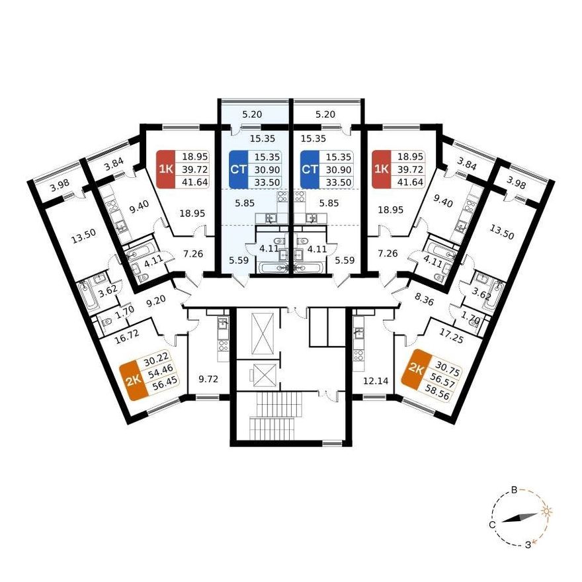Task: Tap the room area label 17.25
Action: pos(452,335)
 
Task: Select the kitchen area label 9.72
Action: pos(208,380)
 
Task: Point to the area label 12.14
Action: pos(376,380)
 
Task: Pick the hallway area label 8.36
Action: pos(423,300)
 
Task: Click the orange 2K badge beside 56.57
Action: pos(417,368)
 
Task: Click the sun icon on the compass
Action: pos(546,511)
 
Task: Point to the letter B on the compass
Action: pos(515,490)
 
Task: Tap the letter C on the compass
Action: pos(492,525)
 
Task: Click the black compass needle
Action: pos(520,518)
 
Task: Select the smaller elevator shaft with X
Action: pos(262,376)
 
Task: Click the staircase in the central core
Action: pos(274,416)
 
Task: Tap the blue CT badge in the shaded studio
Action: pos(238,169)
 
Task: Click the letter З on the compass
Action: pos(528,545)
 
